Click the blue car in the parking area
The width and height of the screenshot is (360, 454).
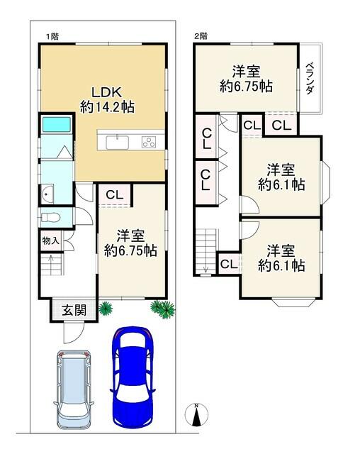(x=133, y=377)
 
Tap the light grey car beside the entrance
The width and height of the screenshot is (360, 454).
(x=74, y=389)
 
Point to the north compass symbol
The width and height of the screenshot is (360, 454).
(x=196, y=414)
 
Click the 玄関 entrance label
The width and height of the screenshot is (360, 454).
(x=74, y=311)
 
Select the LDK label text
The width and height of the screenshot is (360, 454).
(x=106, y=92)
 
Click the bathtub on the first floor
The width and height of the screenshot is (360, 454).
(x=57, y=124)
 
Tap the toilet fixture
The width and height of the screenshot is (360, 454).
(x=50, y=217)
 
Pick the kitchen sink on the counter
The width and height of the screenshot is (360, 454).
(x=118, y=143)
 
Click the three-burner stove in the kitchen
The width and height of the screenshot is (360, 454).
(x=149, y=143)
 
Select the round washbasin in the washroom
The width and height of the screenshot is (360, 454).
(x=47, y=194)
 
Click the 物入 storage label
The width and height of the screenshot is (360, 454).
(x=50, y=240)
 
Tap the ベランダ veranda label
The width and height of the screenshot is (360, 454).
(x=310, y=78)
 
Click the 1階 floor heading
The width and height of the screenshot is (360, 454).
(x=53, y=36)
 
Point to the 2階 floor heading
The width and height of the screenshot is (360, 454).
(x=201, y=36)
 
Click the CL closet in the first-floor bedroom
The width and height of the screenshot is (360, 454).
(x=115, y=195)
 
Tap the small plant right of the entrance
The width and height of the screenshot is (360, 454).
(x=106, y=308)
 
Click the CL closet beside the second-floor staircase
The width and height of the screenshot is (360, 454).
(x=230, y=264)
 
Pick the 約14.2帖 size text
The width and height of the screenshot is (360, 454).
(x=107, y=107)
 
